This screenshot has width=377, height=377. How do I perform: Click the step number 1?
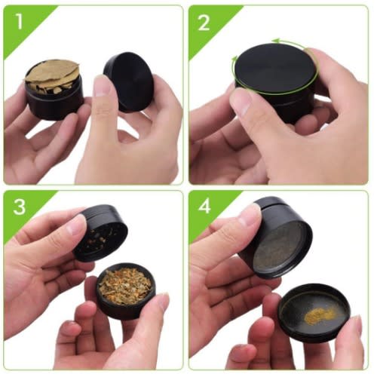(19, 21)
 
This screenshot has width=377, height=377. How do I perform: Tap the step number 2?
(204, 23)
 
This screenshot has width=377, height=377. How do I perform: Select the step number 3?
(20, 207)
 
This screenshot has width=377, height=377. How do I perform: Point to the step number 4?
(204, 207)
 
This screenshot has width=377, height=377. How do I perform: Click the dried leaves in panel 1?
(52, 75)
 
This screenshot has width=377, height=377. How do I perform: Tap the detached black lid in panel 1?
(128, 81)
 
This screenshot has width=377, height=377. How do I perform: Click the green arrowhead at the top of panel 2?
(276, 41)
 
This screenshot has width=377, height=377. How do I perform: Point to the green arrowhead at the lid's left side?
(234, 60)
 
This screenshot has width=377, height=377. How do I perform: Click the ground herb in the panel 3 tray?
(125, 285)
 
